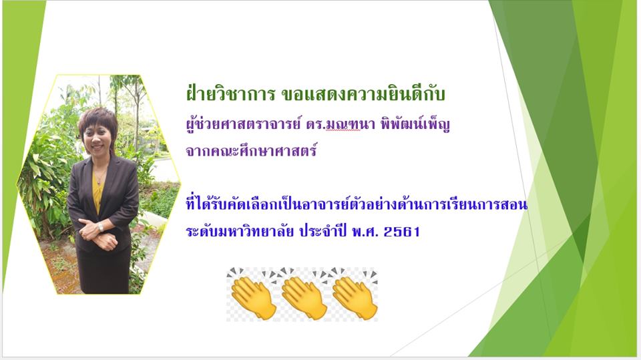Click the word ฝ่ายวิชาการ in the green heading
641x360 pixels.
[x=230, y=94]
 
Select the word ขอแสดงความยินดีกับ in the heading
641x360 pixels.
[x=363, y=94]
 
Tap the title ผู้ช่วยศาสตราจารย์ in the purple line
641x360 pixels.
[x=243, y=124]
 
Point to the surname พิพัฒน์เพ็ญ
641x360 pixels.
[x=415, y=124]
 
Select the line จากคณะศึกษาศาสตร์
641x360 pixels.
[x=252, y=150]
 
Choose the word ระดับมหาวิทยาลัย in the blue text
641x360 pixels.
[x=240, y=231]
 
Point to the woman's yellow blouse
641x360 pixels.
[x=98, y=192]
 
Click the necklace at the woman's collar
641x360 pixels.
[x=99, y=177]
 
